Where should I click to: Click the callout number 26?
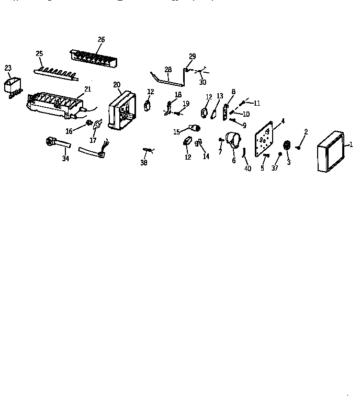point(101,39)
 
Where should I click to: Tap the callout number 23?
point(8,68)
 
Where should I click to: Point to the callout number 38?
point(144,163)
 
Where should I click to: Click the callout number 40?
point(248,168)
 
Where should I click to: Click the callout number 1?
point(352,144)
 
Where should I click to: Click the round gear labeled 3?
point(287,146)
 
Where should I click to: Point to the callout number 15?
point(176,132)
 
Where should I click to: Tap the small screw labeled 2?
point(298,147)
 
